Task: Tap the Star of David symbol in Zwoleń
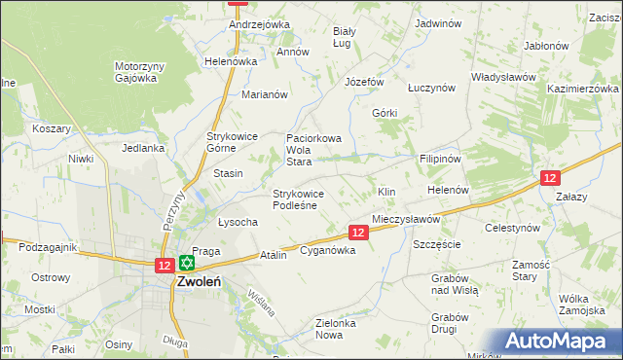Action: coord(186,263)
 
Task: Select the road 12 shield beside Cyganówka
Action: coord(358,233)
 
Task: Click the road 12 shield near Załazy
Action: coord(550,177)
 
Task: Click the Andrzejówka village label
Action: coord(260,24)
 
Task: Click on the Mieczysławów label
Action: coord(406,220)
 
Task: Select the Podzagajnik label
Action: coord(48,247)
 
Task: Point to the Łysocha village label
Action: coord(238,222)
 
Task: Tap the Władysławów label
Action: coord(504,76)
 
